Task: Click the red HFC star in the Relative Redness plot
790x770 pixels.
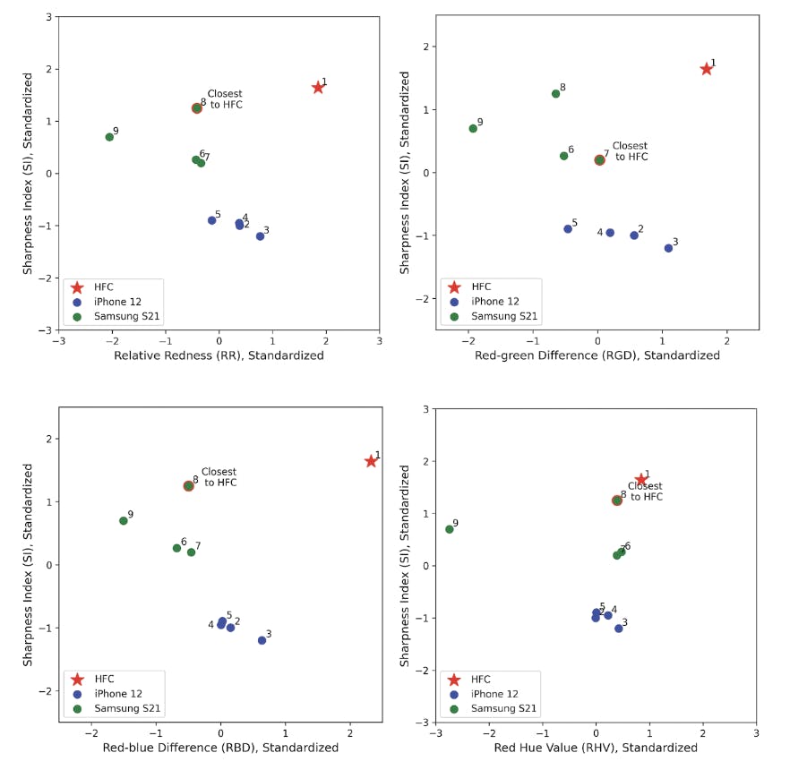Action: [x=318, y=88]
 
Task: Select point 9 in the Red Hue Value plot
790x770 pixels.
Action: [x=450, y=529]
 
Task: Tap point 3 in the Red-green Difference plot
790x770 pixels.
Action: [x=668, y=248]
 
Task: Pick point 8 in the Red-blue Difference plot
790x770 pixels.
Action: [x=189, y=486]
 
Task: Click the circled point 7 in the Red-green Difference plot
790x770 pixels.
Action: [x=600, y=160]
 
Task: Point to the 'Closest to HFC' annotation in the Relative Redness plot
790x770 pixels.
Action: [x=225, y=99]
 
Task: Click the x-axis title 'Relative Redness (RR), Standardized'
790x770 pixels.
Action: [x=219, y=355]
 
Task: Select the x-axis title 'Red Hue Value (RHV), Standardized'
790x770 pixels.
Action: [x=596, y=747]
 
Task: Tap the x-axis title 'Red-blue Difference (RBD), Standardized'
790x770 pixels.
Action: [x=220, y=747]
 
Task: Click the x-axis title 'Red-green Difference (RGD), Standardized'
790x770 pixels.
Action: [x=597, y=355]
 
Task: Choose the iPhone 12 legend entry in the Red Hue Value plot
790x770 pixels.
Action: [x=500, y=694]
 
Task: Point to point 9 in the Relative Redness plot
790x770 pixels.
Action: [x=109, y=137]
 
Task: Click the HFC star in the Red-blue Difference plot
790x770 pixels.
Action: [x=371, y=461]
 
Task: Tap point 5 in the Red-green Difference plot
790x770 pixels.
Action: [x=568, y=229]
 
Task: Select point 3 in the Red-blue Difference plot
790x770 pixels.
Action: [x=262, y=640]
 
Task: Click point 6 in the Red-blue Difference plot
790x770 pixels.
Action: [x=176, y=548]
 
